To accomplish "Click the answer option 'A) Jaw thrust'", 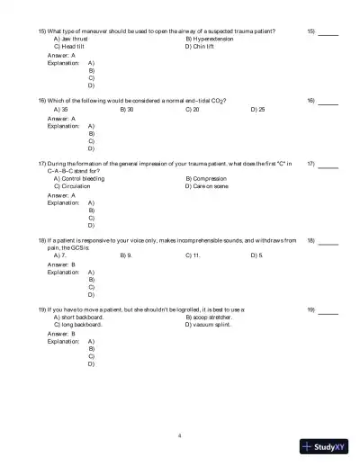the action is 71,39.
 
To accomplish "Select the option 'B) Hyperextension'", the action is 210,39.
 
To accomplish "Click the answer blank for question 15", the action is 328,33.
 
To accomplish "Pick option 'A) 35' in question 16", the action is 61,109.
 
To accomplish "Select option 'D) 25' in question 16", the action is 257,109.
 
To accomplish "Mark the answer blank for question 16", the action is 328,103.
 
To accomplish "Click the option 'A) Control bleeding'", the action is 79,178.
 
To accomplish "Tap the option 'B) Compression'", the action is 205,178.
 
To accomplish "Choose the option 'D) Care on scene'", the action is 207,185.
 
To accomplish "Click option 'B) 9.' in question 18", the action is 126,255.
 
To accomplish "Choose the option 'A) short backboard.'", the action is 79,317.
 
